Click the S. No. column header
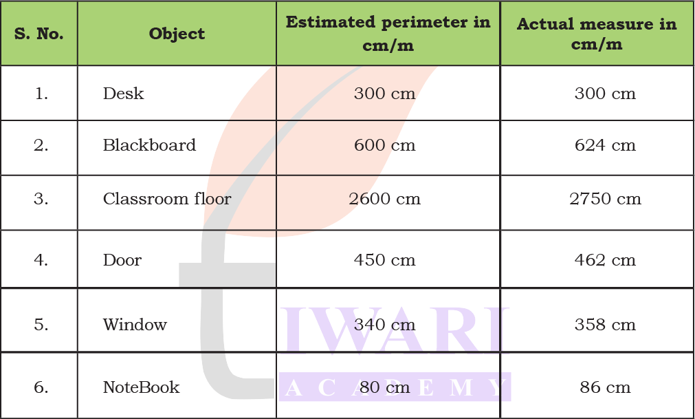click(39, 34)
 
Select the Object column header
click(177, 34)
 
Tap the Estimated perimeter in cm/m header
click(388, 33)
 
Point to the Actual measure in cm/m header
click(597, 33)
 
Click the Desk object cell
click(124, 94)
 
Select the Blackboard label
click(149, 145)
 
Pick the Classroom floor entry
click(167, 199)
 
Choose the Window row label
click(135, 324)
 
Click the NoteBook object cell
click(141, 387)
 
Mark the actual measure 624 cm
click(605, 145)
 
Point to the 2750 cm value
click(605, 199)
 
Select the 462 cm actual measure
click(605, 260)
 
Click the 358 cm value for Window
click(605, 324)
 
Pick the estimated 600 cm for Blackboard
click(384, 145)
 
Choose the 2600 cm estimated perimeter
click(384, 199)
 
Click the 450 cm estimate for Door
click(384, 260)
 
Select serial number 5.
click(41, 324)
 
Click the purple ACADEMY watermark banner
click(395, 387)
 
